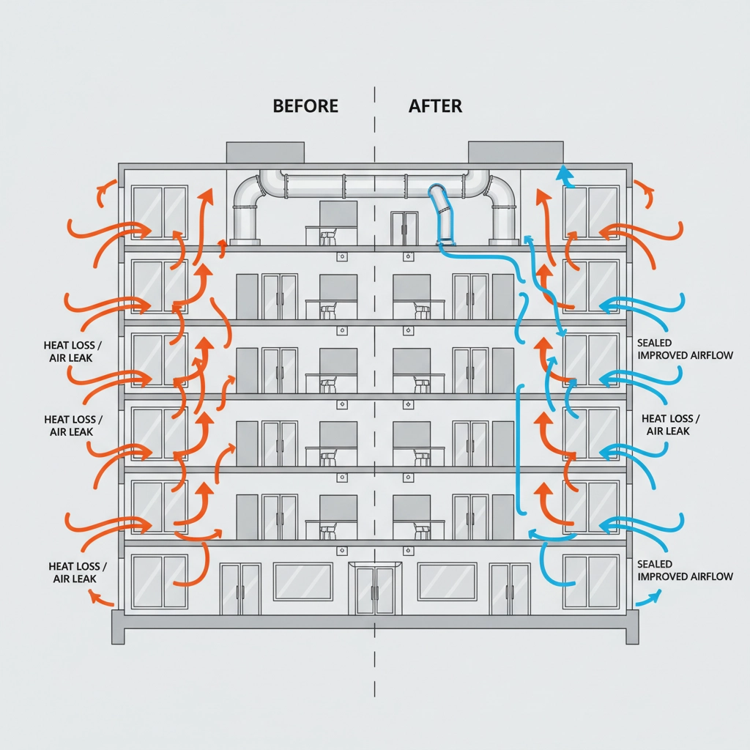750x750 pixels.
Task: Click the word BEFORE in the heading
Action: [305, 105]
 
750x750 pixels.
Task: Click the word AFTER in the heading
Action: [435, 105]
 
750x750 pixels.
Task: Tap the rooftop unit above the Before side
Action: [265, 152]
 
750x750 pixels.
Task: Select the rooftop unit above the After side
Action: [516, 152]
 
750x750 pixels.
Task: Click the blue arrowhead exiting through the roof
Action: [563, 173]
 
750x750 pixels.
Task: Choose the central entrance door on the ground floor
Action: [374, 589]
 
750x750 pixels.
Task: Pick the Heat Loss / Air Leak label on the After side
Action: [669, 425]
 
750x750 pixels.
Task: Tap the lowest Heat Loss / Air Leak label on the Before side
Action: [78, 573]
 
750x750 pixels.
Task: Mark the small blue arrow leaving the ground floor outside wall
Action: [645, 598]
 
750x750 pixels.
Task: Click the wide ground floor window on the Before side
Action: [302, 581]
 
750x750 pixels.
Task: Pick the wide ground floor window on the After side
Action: [447, 581]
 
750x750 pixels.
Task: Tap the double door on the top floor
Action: [404, 228]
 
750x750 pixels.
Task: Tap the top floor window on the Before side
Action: [159, 212]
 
